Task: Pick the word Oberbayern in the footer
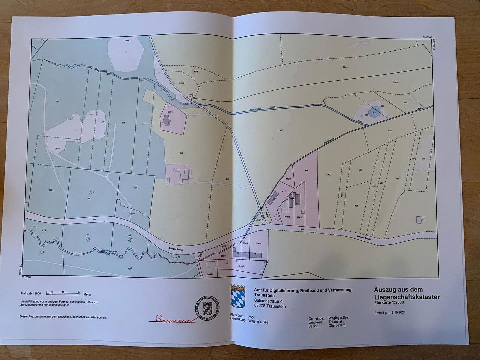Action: point(338,325)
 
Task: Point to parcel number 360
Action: point(281,130)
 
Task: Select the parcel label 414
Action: point(306,170)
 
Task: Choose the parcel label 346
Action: point(89,198)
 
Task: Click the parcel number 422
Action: point(330,175)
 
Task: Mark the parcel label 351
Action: point(135,188)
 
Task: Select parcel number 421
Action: point(356,206)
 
